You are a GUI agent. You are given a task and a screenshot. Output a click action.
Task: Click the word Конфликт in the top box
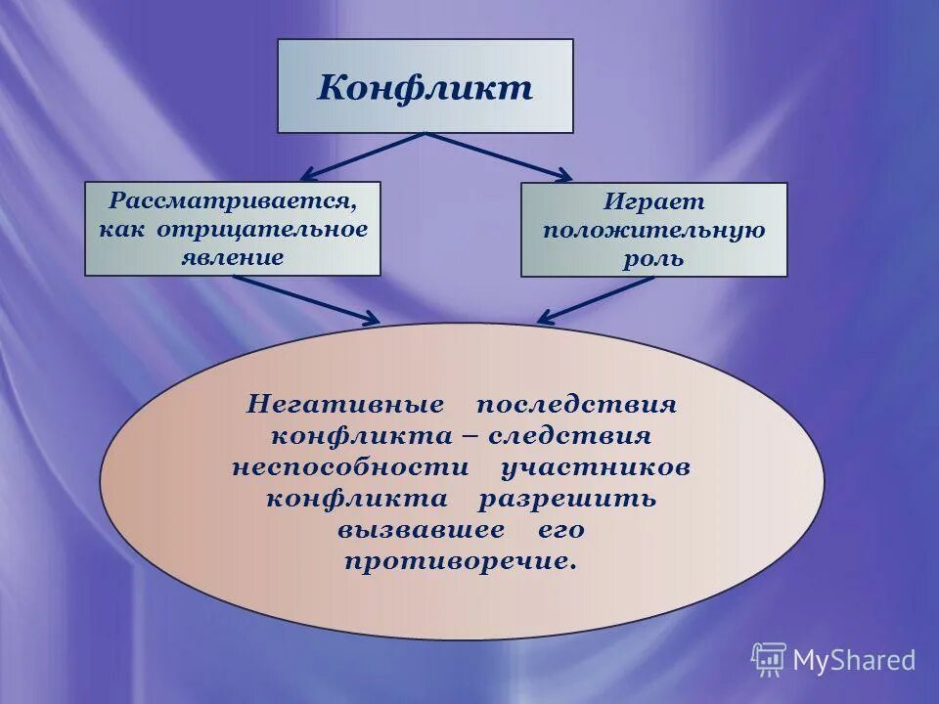click(425, 87)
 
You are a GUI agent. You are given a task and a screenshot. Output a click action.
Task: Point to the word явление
click(232, 257)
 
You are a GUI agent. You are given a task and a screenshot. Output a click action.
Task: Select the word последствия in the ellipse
click(577, 404)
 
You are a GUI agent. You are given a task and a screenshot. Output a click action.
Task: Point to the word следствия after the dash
click(569, 435)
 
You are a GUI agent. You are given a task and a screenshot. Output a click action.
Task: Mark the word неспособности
click(350, 466)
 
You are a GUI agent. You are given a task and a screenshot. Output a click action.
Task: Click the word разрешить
click(567, 498)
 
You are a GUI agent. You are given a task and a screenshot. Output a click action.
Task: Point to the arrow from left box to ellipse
click(307, 299)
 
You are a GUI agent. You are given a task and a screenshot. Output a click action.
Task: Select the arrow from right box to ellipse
click(596, 299)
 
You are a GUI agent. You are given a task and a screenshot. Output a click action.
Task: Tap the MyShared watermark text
click(854, 660)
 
